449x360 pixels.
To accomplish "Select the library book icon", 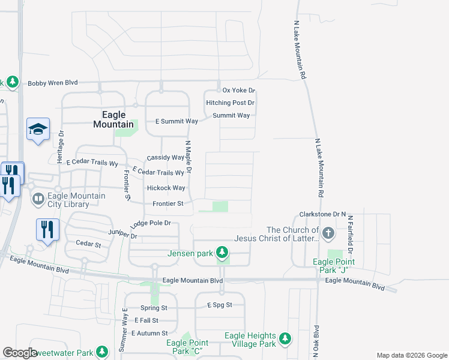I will click(38, 198).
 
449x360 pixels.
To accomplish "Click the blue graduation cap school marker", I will click(38, 129).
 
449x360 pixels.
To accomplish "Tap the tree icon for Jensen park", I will click(222, 252).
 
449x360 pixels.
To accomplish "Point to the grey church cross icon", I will click(328, 233).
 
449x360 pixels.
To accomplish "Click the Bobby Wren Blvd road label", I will click(53, 83).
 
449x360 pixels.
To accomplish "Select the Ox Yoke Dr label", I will click(239, 91).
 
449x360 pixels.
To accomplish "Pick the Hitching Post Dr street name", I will click(231, 103).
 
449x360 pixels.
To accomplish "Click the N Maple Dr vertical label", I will click(188, 158).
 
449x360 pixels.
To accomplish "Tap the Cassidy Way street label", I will click(165, 158).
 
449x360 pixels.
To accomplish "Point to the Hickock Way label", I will click(166, 188).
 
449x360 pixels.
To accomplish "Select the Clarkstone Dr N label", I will click(323, 214).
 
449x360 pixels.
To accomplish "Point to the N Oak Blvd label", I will click(316, 340).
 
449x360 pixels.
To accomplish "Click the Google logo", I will click(20, 353).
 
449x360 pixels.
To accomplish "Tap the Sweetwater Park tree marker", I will click(102, 352).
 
